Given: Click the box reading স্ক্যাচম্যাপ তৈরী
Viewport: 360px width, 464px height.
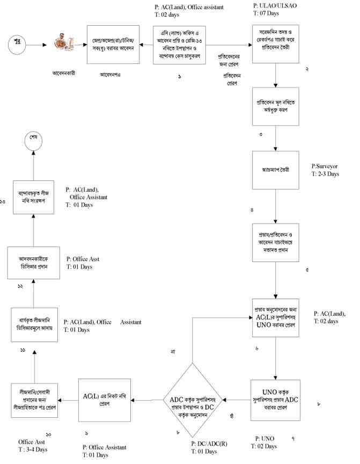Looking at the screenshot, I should tap(275, 170).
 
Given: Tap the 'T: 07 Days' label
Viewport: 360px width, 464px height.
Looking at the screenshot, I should tap(268, 13).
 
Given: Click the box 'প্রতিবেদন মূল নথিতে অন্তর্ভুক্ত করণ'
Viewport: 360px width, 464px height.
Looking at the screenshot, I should tap(275, 106).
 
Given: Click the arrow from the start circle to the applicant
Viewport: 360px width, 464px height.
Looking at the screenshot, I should tap(41, 45).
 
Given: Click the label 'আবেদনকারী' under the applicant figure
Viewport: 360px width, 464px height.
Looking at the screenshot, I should tap(64, 73).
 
